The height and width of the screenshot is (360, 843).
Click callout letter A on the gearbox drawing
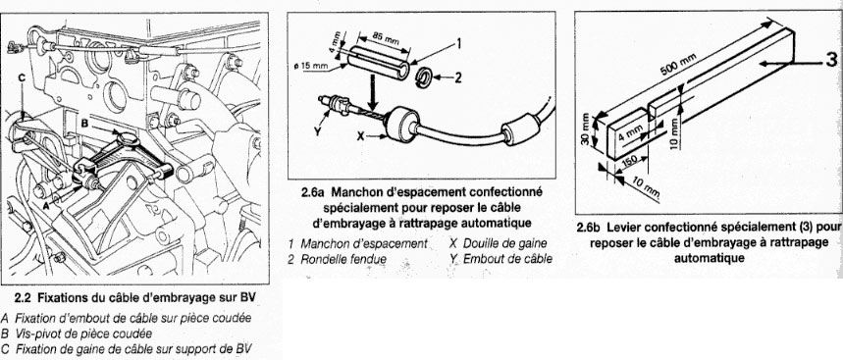(46, 205)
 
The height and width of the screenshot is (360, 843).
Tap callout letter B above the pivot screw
(84, 123)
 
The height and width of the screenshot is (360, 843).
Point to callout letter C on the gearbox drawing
(22, 78)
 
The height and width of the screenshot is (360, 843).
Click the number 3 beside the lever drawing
(831, 60)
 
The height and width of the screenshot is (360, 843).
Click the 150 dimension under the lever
(631, 162)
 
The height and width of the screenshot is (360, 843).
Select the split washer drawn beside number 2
(426, 77)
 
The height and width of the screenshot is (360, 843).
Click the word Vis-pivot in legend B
(36, 334)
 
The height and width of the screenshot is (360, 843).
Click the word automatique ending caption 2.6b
(710, 258)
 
